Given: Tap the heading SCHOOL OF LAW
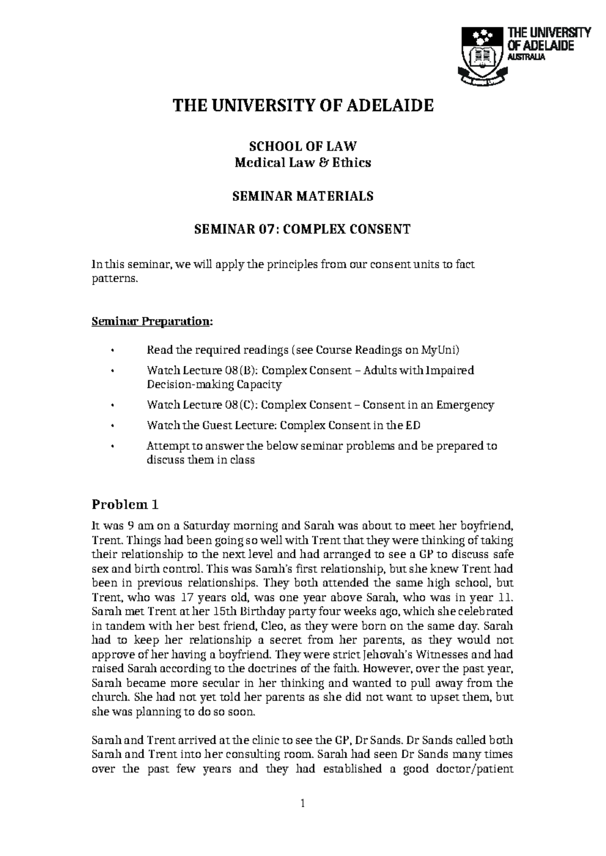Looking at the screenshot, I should [x=303, y=146].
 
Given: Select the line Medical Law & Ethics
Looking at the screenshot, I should [x=303, y=163].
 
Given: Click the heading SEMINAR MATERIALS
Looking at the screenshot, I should [x=303, y=196].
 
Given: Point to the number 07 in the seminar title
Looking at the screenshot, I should [x=266, y=230].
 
